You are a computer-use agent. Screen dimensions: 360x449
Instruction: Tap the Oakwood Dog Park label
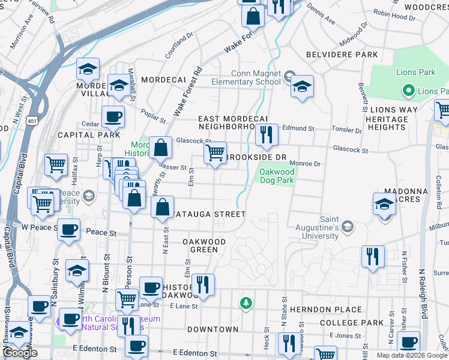tap(278, 176)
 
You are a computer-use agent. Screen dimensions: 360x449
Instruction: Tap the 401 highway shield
tap(31, 121)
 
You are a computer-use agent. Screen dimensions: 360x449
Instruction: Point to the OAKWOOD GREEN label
tap(204, 245)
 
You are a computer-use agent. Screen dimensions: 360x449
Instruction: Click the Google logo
tap(20, 353)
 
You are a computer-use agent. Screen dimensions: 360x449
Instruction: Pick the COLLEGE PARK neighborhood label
tap(352, 323)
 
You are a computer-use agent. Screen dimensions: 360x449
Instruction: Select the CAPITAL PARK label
tap(82, 135)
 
